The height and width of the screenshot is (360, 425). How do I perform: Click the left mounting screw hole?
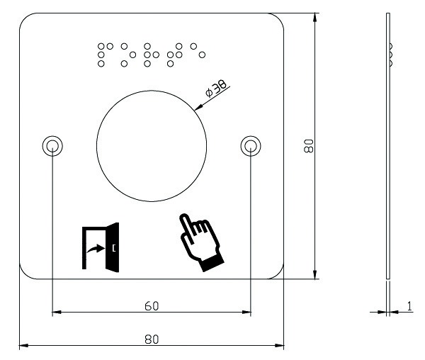click(52, 146)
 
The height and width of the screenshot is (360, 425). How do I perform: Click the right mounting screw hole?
click(251, 146)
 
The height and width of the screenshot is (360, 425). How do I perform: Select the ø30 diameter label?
click(216, 88)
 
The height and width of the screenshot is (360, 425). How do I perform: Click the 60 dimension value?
click(152, 306)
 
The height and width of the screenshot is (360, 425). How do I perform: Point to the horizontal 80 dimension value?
click(152, 339)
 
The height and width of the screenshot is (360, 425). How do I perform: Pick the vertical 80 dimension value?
click(309, 146)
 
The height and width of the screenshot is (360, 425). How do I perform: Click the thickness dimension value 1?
click(409, 306)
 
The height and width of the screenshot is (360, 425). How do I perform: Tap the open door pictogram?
click(101, 247)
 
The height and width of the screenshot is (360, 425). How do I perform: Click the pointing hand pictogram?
click(202, 242)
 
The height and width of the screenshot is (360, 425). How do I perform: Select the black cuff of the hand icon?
click(212, 263)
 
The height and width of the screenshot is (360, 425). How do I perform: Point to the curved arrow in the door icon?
click(96, 248)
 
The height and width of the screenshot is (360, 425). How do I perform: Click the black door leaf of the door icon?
click(112, 247)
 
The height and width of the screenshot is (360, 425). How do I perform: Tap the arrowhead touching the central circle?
click(198, 107)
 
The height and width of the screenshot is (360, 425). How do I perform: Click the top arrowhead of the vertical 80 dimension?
click(314, 17)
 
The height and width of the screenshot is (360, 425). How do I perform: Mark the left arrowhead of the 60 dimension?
click(57, 312)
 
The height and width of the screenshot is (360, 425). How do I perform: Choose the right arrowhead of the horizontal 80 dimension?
click(280, 345)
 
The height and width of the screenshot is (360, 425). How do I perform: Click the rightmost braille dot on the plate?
click(202, 55)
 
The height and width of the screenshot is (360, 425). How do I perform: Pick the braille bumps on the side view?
click(391, 55)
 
